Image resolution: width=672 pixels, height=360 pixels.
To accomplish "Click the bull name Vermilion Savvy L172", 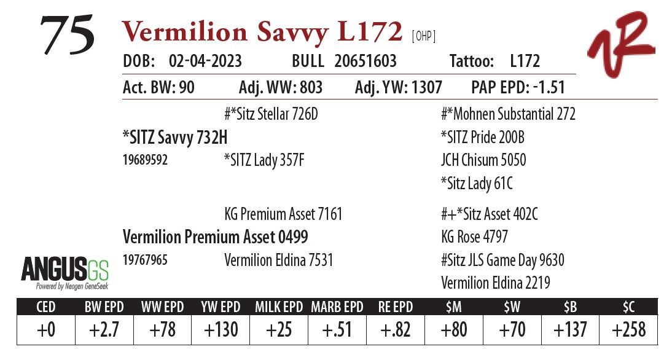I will pos(262,33).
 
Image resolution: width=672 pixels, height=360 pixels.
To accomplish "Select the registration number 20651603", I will pos(365,61).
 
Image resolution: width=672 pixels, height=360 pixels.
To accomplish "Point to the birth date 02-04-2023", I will pos(205,61).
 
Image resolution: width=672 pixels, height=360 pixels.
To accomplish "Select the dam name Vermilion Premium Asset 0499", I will pos(216,237).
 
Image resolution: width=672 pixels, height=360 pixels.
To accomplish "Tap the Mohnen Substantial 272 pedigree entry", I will pos(508,114).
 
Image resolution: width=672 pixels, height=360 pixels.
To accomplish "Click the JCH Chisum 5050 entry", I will pos(483,160).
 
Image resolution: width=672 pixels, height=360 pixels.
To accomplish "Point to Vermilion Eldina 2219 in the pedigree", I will pos(496,283).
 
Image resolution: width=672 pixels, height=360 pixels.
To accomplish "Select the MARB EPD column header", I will pos(337,307).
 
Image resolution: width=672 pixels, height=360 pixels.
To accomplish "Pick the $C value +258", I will pos(629,330).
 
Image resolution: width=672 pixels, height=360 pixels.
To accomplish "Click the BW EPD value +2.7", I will pos(103,330).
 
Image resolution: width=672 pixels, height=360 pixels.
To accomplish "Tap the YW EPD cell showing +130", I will pos(221,330).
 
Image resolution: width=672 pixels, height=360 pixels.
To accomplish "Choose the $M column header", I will pos(454,307).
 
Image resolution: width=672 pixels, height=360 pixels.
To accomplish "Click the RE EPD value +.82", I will pos(396,330).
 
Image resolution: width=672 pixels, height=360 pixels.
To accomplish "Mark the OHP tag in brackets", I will pos(423,36).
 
